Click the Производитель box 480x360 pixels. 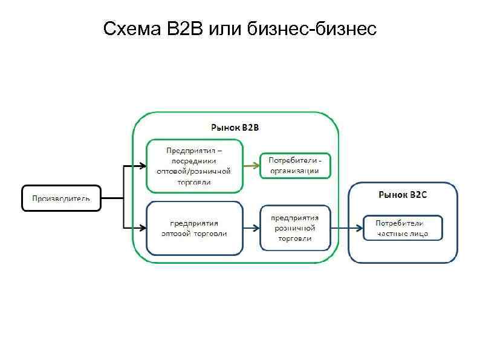tap(61, 198)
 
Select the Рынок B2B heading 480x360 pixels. tap(235, 128)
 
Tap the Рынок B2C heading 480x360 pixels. tap(403, 195)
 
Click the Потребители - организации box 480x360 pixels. tap(295, 165)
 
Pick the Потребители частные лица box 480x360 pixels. tap(403, 227)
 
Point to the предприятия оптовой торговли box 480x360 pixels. tap(194, 228)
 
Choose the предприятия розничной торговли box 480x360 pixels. tap(295, 228)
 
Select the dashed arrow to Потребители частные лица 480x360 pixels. tap(347, 228)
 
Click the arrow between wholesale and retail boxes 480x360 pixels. tap(251, 228)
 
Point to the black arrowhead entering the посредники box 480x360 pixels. tap(142, 165)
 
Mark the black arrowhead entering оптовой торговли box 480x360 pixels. tap(142, 228)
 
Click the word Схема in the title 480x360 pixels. tap(129, 29)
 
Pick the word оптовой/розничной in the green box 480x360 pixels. tap(194, 171)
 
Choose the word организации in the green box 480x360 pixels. tap(295, 171)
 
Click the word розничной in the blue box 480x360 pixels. tap(295, 228)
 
